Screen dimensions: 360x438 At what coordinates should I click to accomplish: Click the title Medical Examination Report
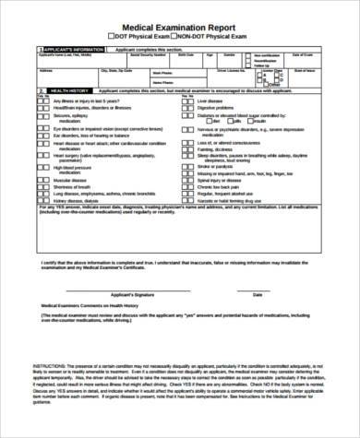coord(181,28)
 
